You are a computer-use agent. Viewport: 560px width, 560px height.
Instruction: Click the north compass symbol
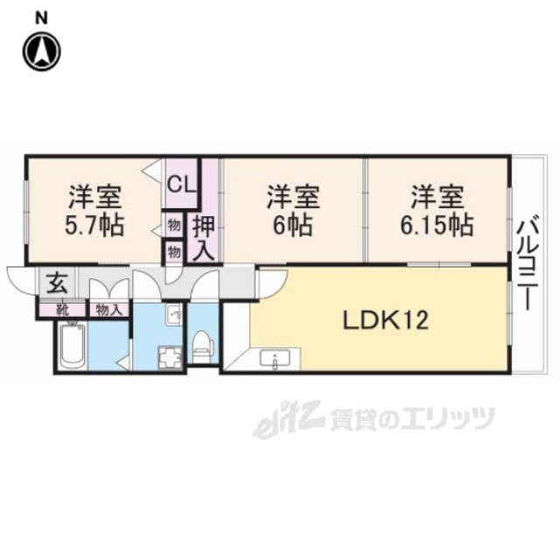click(41, 51)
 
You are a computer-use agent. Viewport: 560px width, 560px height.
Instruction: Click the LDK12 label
click(384, 321)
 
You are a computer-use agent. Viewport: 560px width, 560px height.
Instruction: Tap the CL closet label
click(181, 184)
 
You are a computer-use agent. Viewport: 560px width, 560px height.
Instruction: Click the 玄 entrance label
click(55, 283)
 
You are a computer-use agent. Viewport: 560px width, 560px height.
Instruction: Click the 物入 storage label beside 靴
click(108, 309)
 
